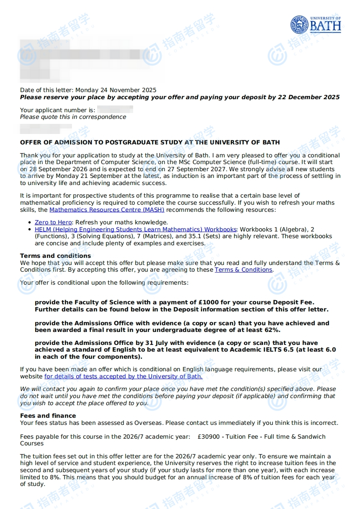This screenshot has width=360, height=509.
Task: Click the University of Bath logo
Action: click(x=316, y=24)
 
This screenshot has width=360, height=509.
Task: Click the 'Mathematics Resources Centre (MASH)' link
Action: click(x=107, y=210)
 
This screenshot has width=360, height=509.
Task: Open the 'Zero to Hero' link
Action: click(x=53, y=222)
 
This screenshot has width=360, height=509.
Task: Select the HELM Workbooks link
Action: click(x=136, y=229)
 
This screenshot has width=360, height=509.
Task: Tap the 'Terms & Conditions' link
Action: click(x=243, y=270)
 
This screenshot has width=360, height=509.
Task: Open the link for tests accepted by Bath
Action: click(x=123, y=376)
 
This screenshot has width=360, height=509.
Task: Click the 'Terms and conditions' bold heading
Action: click(x=55, y=256)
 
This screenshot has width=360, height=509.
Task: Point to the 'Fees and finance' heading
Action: click(x=48, y=416)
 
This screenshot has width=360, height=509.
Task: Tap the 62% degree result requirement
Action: click(x=271, y=330)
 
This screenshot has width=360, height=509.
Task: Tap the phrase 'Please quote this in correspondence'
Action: click(x=73, y=117)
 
